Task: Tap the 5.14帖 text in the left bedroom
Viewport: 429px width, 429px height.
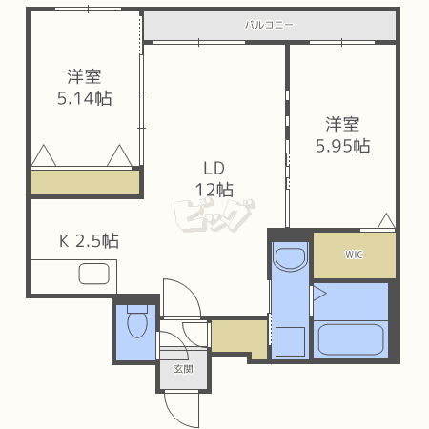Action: point(84,96)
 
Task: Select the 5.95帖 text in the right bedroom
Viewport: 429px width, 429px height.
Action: point(343,146)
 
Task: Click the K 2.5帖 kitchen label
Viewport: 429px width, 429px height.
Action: point(90,240)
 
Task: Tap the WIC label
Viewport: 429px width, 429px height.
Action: point(354,255)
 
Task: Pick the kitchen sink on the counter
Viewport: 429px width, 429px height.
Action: point(96,276)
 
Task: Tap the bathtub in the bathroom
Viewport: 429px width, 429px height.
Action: point(349,339)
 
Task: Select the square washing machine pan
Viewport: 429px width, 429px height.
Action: point(291,341)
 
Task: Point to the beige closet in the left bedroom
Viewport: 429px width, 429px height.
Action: point(84,182)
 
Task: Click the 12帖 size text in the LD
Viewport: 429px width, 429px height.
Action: point(213,189)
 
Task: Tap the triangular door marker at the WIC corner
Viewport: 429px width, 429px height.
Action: point(385,223)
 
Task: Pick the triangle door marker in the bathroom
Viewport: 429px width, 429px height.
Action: point(319,293)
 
